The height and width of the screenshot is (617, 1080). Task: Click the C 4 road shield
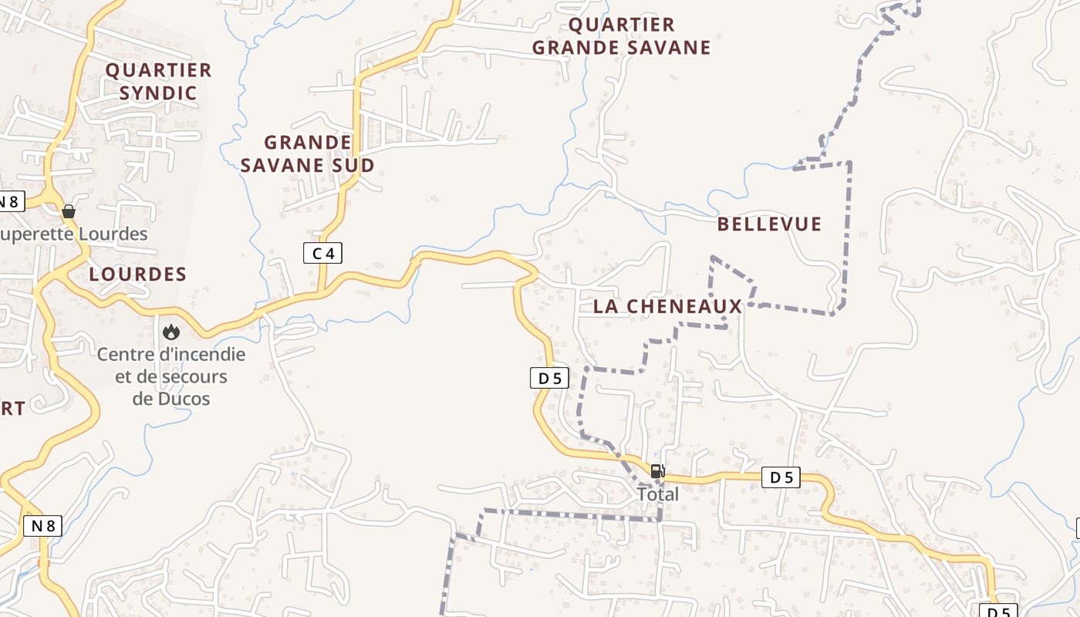pos(322,252)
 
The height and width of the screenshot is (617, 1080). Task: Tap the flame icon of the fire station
pos(170,332)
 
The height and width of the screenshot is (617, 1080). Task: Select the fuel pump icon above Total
pos(657,471)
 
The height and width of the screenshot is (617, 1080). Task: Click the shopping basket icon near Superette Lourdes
pos(69,211)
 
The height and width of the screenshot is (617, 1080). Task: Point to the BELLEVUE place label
pos(769,224)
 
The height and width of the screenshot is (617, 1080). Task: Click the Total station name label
pos(658,494)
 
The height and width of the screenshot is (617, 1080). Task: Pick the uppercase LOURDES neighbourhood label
pos(138,274)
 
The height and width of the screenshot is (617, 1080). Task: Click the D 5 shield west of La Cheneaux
pos(550,378)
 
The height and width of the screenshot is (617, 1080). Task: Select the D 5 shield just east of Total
pos(781,477)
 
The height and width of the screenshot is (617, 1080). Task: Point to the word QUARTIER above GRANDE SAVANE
pos(622,25)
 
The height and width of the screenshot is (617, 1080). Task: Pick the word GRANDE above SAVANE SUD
pos(308,143)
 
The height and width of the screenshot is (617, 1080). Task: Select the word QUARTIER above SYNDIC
pos(159,70)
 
